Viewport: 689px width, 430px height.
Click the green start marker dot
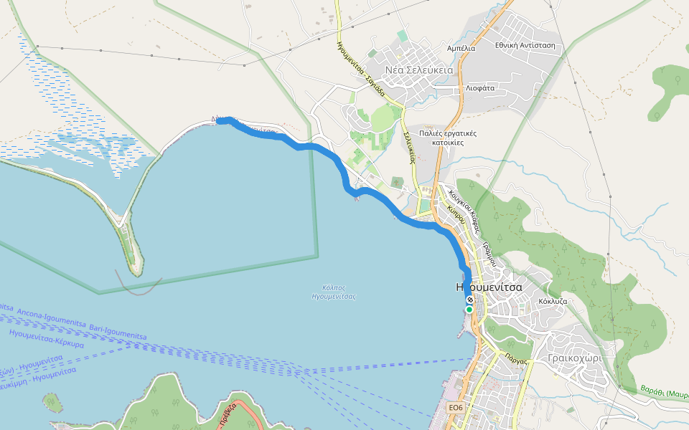pyautogui.click(x=469, y=310)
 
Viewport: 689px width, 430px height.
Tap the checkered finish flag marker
pyautogui.click(x=469, y=300)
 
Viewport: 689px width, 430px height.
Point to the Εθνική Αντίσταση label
pyautogui.click(x=525, y=45)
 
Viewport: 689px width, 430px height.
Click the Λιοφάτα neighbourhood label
pyautogui.click(x=480, y=87)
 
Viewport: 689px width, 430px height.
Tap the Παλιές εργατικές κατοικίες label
pyautogui.click(x=449, y=138)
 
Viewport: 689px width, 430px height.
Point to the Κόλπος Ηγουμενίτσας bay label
pyautogui.click(x=334, y=291)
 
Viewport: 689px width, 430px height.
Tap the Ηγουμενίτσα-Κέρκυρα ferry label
pyautogui.click(x=47, y=339)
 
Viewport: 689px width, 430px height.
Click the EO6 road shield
pyautogui.click(x=456, y=407)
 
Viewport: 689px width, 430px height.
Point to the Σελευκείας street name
pyautogui.click(x=409, y=148)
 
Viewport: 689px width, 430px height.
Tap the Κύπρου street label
pyautogui.click(x=456, y=216)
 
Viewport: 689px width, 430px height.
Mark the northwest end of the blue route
pyautogui.click(x=220, y=121)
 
